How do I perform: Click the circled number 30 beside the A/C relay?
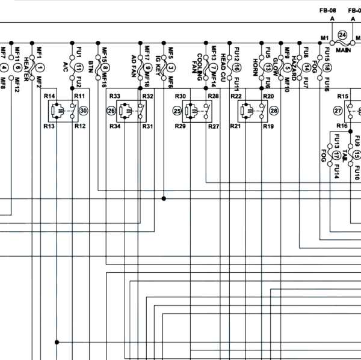[x=84, y=111]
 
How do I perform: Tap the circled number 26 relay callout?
[x=111, y=111]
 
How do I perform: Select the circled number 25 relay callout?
[x=177, y=111]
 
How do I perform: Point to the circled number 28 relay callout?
[x=274, y=111]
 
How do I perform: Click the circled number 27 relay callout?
[x=338, y=111]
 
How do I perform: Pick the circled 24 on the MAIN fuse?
[x=342, y=35]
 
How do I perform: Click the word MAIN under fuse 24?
[x=343, y=50]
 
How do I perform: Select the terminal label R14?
[x=49, y=96]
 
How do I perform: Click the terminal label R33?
[x=114, y=96]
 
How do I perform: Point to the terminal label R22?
[x=235, y=96]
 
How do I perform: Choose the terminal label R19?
[x=268, y=127]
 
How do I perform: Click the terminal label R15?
[x=342, y=96]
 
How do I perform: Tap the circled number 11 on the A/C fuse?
[x=78, y=68]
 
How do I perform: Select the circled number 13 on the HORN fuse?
[x=268, y=68]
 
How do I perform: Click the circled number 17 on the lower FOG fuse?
[x=335, y=156]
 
